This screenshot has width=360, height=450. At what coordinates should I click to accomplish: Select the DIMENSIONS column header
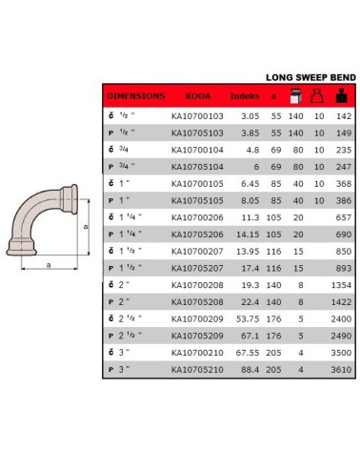click(134, 96)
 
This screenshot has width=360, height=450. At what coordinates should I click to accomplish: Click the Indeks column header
click(244, 96)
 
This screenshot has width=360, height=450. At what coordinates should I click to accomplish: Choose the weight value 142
click(344, 114)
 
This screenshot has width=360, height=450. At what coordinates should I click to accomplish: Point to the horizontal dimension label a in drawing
click(48, 265)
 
